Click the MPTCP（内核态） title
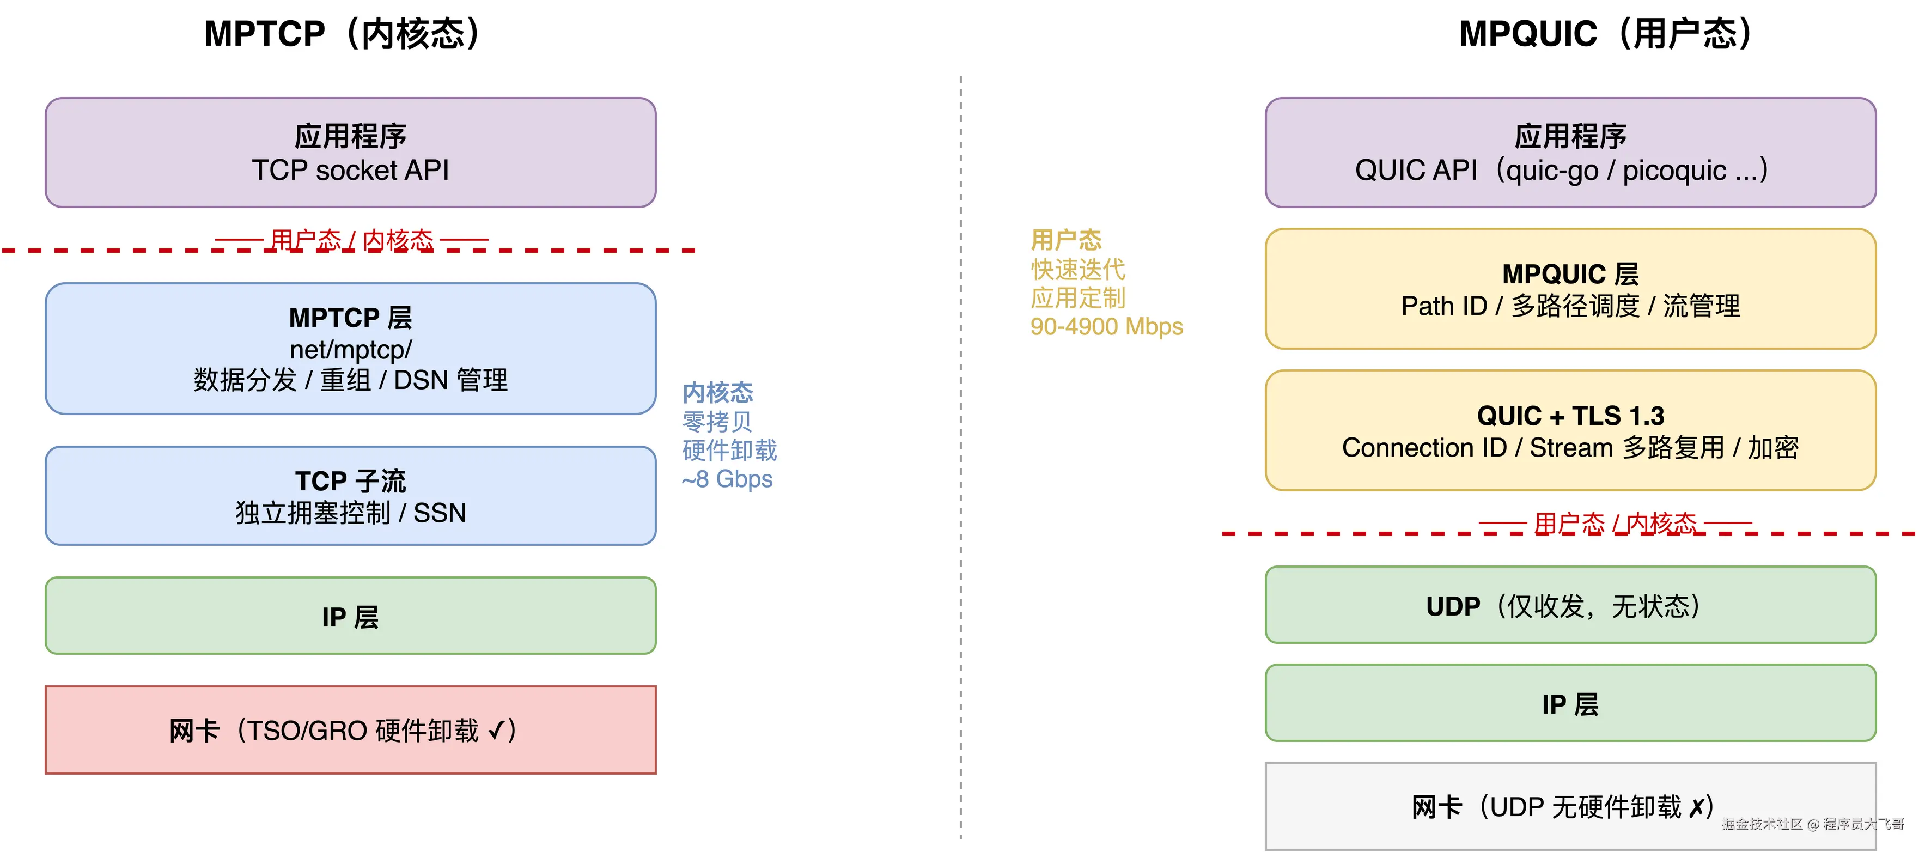pyautogui.click(x=344, y=34)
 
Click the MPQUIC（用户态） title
pyautogui.click(x=1607, y=34)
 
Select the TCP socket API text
pyautogui.click(x=350, y=171)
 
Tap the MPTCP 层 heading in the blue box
pyautogui.click(x=350, y=318)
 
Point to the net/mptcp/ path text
pyautogui.click(x=350, y=349)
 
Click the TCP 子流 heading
pyautogui.click(x=350, y=480)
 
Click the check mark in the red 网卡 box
pyautogui.click(x=496, y=730)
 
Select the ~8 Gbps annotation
pyautogui.click(x=727, y=479)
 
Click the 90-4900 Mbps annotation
pyautogui.click(x=1106, y=327)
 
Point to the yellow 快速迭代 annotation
pyautogui.click(x=1077, y=269)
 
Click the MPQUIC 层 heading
pyautogui.click(x=1570, y=274)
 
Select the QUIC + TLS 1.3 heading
pyautogui.click(x=1570, y=416)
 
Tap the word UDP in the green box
pyautogui.click(x=1453, y=606)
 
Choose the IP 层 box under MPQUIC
pyautogui.click(x=1570, y=703)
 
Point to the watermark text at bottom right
pyautogui.click(x=1813, y=824)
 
